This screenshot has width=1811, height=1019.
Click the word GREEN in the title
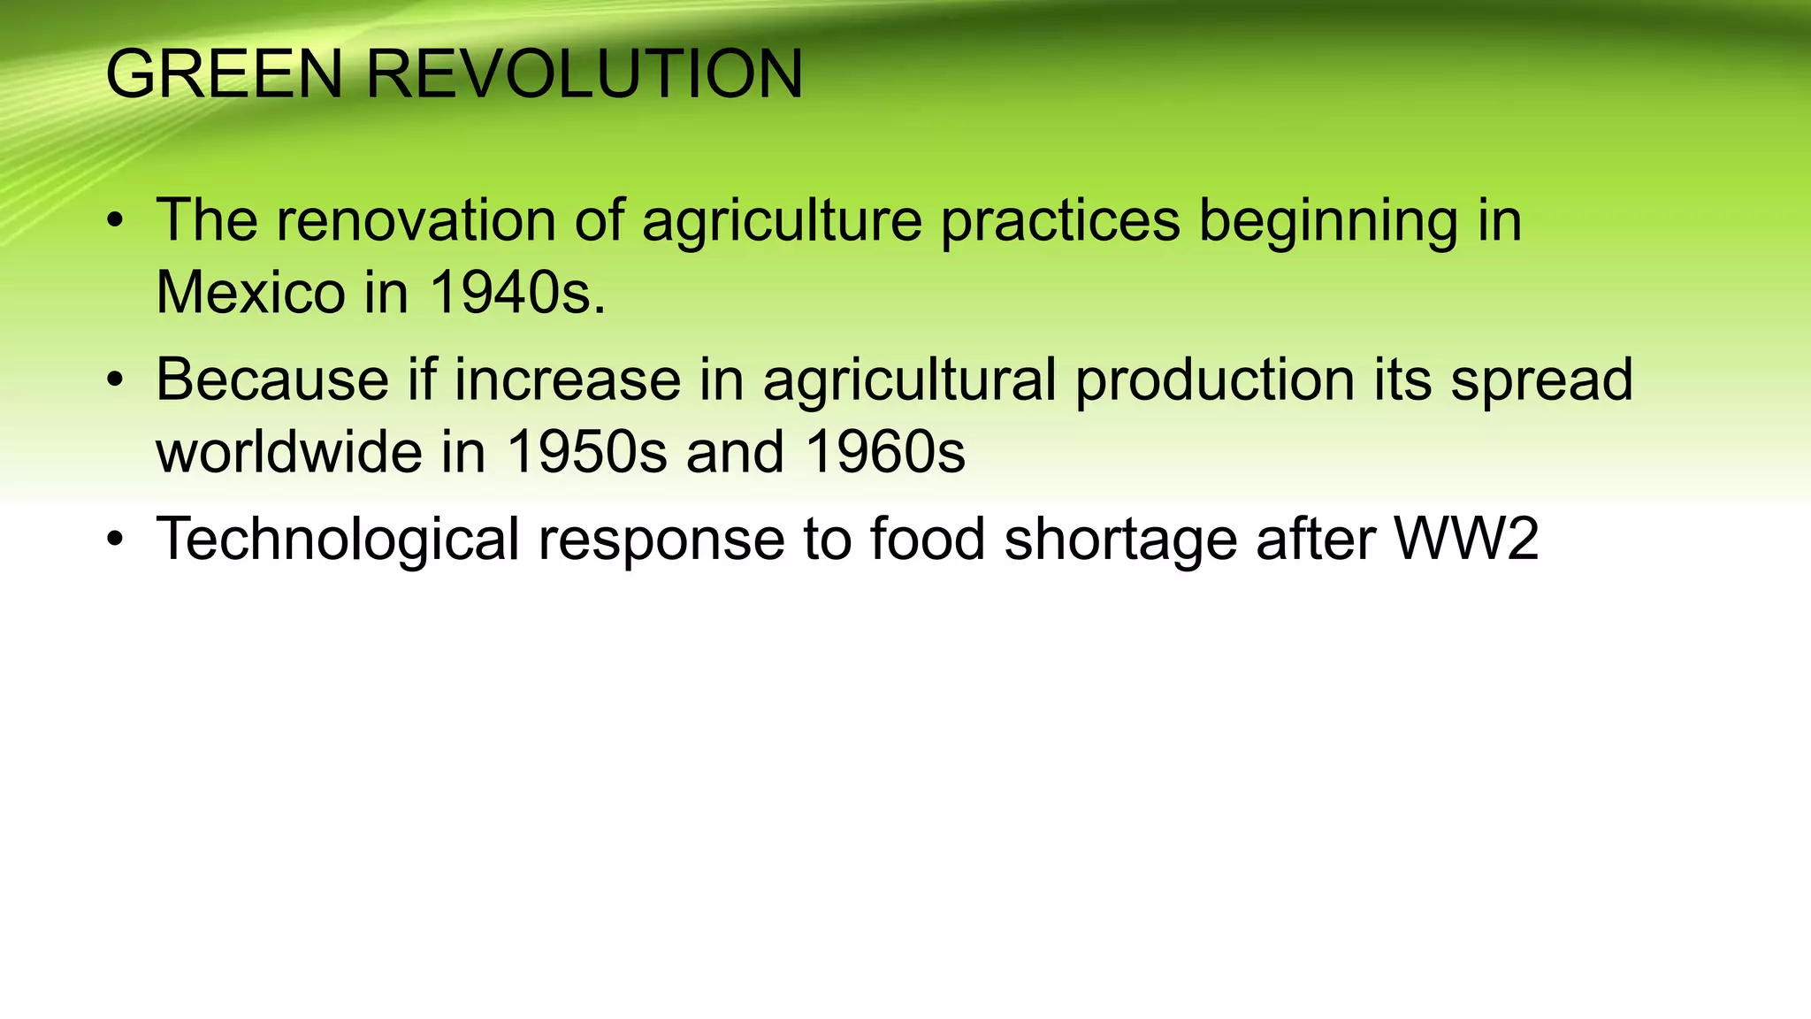[224, 74]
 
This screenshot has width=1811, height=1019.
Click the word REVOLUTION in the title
[584, 74]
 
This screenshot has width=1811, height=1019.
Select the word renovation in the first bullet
[416, 220]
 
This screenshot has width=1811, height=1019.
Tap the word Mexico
[250, 293]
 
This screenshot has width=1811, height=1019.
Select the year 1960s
[885, 452]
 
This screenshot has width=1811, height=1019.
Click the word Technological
[337, 540]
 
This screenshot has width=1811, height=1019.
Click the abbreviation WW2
[1466, 539]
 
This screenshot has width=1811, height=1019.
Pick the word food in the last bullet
[927, 539]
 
